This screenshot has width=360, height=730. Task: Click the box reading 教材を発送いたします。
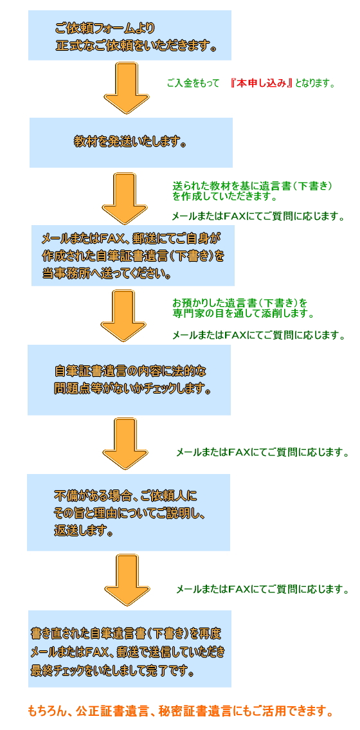(x=130, y=142)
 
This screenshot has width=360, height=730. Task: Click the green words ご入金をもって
(x=193, y=84)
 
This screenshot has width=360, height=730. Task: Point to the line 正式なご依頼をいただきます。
(x=136, y=46)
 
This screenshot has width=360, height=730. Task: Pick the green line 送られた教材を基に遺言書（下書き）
(x=252, y=186)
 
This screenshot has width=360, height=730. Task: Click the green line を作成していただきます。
(x=224, y=196)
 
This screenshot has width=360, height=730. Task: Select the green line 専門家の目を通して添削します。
(x=242, y=314)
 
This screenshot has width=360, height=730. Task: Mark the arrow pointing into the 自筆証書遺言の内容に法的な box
(x=120, y=316)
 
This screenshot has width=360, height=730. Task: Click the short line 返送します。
(x=84, y=531)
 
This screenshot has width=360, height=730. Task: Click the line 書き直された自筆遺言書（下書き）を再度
(x=125, y=634)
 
